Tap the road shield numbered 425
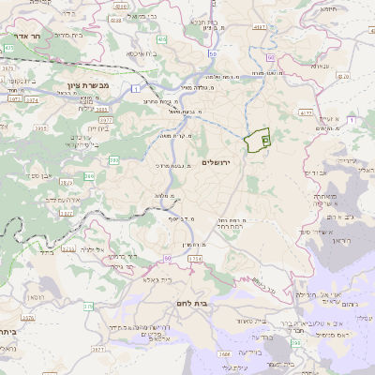[x=8, y=47]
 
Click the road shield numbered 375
[x=88, y=307]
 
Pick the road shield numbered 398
[x=296, y=344]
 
